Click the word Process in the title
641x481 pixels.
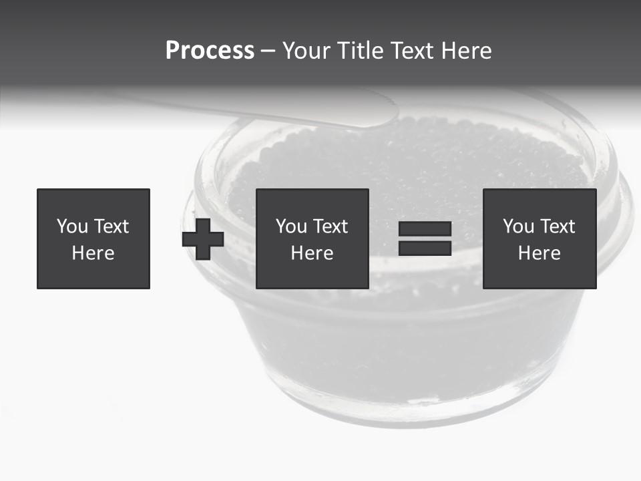point(210,51)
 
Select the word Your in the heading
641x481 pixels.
point(305,51)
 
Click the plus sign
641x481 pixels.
point(203,239)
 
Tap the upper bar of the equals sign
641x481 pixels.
point(425,229)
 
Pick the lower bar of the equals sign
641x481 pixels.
point(425,248)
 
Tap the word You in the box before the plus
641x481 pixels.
point(72,226)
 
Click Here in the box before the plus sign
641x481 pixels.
point(93,253)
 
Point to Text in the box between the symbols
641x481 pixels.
point(331,226)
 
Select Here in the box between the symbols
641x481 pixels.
point(312,253)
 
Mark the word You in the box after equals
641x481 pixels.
point(518,226)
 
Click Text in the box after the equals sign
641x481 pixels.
point(558,226)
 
